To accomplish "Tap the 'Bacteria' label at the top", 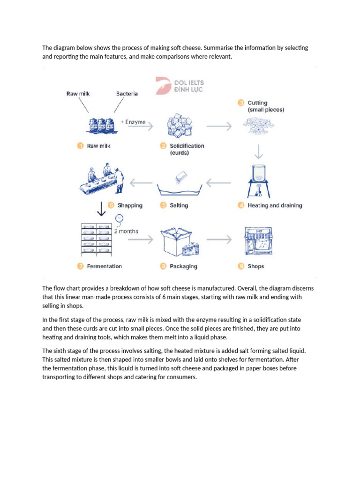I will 127,94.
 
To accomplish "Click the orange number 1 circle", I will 80,146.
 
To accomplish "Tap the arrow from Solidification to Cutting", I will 218,126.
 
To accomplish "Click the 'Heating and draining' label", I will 275,205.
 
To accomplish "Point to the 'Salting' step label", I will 179,205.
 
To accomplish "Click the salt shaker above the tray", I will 181,178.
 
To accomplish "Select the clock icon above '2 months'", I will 119,218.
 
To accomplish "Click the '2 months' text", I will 126,231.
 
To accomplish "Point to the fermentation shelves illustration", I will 97,239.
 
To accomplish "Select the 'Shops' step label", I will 256,266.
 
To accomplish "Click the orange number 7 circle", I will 80,266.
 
